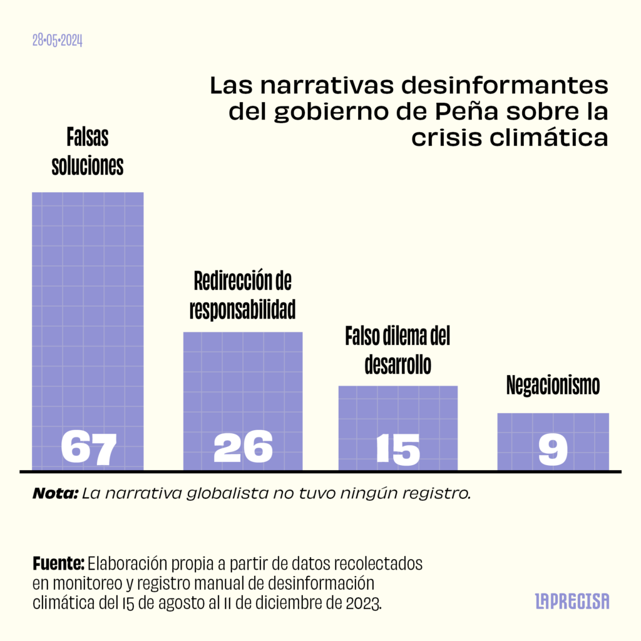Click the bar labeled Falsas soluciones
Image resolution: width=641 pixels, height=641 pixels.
(x=88, y=300)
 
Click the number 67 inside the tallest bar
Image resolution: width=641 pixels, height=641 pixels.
(x=89, y=447)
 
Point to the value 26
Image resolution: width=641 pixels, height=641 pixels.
(x=244, y=447)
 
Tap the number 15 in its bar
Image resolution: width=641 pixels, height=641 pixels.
(x=398, y=448)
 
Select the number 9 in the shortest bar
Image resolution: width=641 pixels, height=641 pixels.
(x=553, y=448)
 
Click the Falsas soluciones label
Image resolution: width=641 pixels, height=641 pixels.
(x=87, y=151)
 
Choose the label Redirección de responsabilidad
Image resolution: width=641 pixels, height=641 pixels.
(x=243, y=294)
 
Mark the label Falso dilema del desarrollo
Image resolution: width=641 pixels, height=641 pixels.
(x=398, y=351)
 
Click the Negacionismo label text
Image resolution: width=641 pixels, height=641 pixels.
(x=553, y=385)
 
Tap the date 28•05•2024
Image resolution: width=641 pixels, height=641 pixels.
(x=58, y=41)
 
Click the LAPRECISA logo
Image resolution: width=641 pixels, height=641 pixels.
(x=572, y=602)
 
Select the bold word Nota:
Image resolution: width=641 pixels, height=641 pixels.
(x=55, y=493)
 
